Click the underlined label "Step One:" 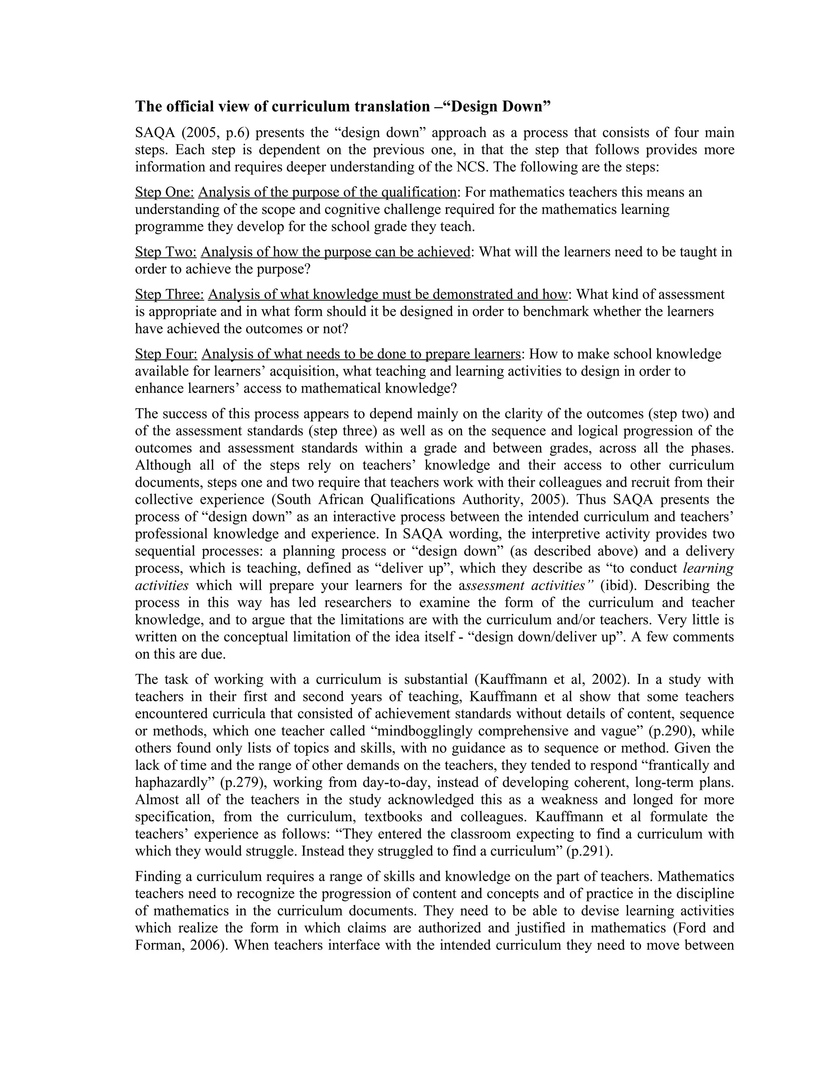tap(164, 192)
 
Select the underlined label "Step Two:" tap(166, 252)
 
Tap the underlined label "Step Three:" tap(169, 295)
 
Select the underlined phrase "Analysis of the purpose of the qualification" tap(327, 192)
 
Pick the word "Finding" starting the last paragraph tap(159, 877)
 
